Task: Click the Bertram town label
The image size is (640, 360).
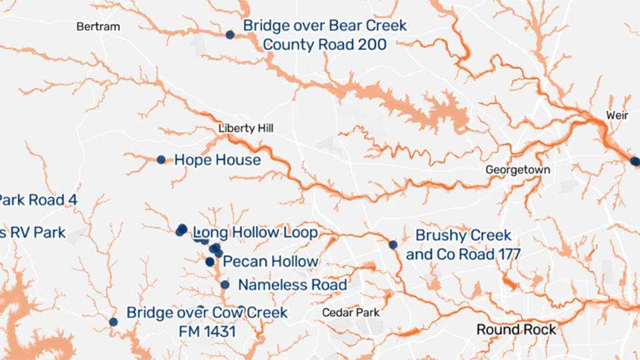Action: point(98,27)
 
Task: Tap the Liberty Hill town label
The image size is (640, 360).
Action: point(245,128)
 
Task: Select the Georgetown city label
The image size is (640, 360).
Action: point(517,170)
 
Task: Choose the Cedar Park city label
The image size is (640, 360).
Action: point(350,312)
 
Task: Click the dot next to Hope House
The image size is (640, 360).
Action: point(161,159)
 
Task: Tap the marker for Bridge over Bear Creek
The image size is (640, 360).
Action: point(230,35)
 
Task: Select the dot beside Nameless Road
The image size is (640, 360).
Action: point(225,285)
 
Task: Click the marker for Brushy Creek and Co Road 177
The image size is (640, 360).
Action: point(393,245)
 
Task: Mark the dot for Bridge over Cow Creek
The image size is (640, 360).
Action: point(113,321)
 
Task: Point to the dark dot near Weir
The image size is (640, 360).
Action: point(634,161)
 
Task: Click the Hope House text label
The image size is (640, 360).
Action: point(217,160)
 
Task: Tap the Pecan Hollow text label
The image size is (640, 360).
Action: point(271,261)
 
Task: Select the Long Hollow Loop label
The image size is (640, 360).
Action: point(255,232)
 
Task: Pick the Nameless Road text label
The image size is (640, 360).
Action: point(293,285)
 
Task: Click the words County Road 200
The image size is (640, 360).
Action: point(324,44)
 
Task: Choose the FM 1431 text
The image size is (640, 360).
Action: point(207,330)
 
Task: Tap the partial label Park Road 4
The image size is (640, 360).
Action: point(33,199)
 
